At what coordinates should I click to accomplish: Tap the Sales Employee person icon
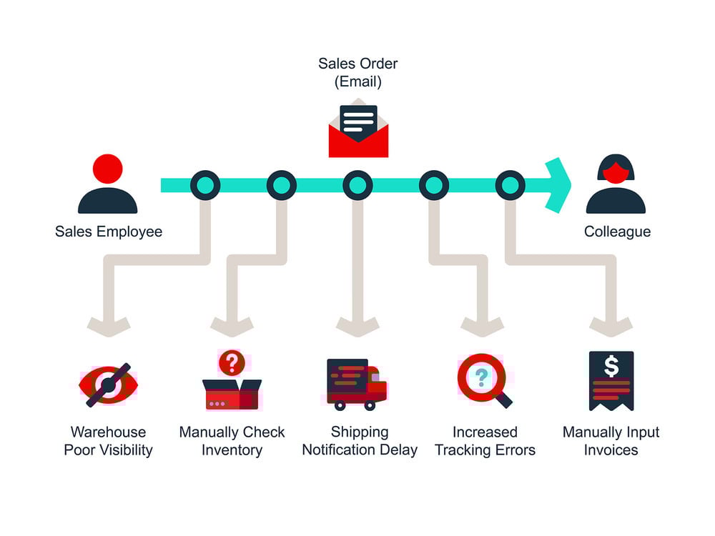tap(108, 184)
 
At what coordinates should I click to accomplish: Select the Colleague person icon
tap(616, 184)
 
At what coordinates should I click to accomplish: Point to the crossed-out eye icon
tap(109, 385)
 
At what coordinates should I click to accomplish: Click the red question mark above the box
tap(232, 363)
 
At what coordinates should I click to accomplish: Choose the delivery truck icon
tap(357, 384)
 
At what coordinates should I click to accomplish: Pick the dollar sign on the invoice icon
tap(611, 366)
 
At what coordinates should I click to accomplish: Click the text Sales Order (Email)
tap(358, 72)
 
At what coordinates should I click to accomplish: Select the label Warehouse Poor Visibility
tap(109, 441)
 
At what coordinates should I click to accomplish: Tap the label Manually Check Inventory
tap(232, 441)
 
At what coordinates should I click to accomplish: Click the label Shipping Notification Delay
tap(360, 441)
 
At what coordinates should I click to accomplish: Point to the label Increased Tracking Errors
tap(485, 441)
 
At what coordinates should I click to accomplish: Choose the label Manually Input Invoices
tap(611, 441)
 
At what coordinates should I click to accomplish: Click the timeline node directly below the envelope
tap(358, 185)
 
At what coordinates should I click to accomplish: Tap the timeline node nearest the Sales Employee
tap(205, 185)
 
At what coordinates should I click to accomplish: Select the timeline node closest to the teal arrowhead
tap(511, 185)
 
